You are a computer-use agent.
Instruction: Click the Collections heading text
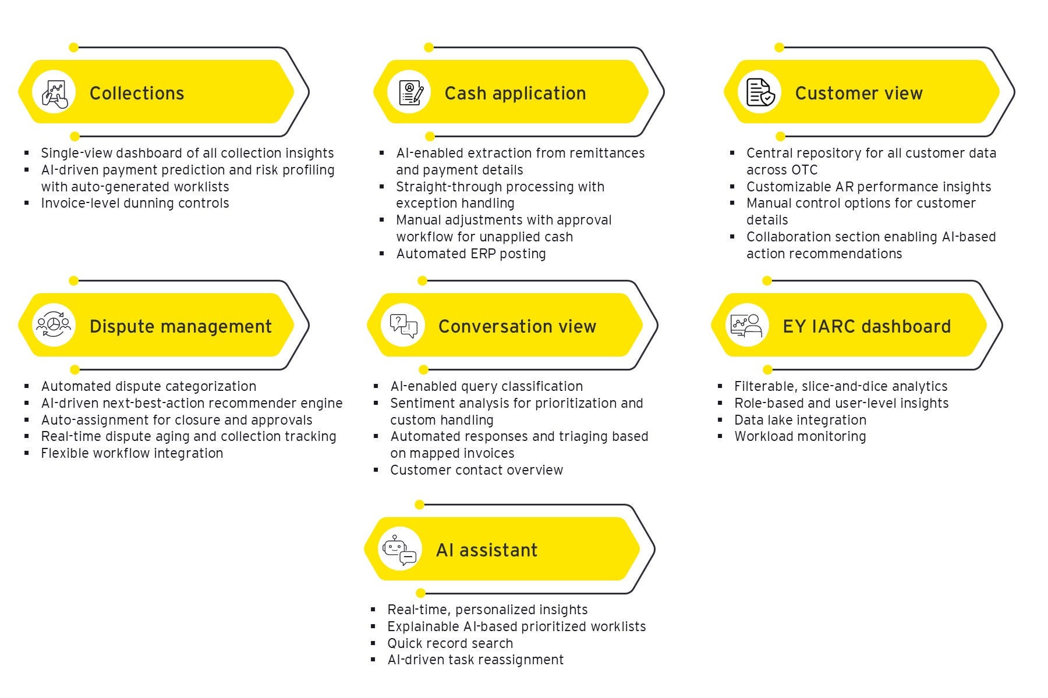(x=137, y=93)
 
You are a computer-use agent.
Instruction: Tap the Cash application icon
(x=410, y=92)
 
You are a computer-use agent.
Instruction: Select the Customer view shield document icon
(x=760, y=92)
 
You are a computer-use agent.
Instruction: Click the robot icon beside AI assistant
(x=399, y=549)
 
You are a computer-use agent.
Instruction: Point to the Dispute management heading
(x=180, y=326)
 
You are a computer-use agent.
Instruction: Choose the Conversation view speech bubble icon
(x=403, y=326)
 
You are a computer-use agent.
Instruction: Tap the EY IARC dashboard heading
(x=866, y=326)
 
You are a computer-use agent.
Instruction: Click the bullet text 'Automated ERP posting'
(x=471, y=254)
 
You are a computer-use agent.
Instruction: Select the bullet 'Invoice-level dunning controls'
(x=135, y=203)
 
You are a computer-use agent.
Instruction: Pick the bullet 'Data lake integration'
(x=800, y=420)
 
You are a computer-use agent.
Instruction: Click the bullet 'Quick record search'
(x=450, y=643)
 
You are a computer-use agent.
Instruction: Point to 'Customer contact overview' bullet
(x=476, y=470)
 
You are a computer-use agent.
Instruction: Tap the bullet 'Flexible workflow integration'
(x=132, y=453)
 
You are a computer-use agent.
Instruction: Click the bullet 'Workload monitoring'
(x=800, y=436)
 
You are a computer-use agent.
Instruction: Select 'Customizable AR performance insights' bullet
(x=869, y=187)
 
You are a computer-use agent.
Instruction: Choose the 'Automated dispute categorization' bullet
(x=148, y=386)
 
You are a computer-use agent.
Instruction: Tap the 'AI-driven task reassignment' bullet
(x=476, y=660)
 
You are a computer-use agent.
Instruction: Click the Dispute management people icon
(x=53, y=325)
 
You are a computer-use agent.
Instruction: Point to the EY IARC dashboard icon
(x=747, y=325)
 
